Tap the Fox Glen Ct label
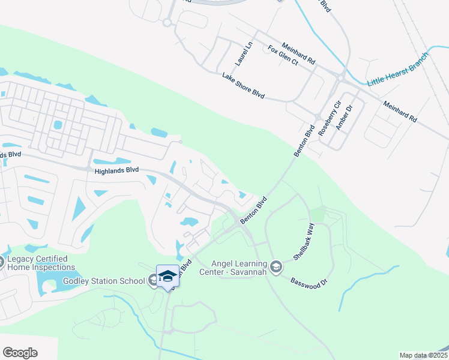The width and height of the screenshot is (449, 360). [x=283, y=55]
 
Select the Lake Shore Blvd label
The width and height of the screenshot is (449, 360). [x=243, y=85]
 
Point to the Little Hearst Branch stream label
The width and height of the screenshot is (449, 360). [x=399, y=68]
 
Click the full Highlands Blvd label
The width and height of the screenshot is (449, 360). [x=116, y=171]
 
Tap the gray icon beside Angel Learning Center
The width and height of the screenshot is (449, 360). [x=276, y=266]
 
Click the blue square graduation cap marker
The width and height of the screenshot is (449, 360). [x=168, y=276]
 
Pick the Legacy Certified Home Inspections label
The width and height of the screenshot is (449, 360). [x=42, y=263]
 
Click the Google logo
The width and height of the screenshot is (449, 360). [x=20, y=353]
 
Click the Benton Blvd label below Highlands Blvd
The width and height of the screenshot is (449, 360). [x=253, y=212]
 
